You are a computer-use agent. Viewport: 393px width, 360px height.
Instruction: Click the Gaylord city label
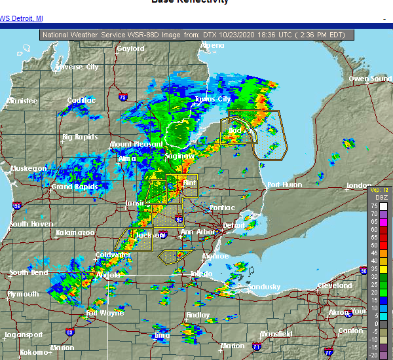pyautogui.click(x=130, y=49)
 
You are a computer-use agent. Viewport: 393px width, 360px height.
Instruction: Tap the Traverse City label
pyautogui.click(x=77, y=67)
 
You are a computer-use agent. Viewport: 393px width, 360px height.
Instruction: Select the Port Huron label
pyautogui.click(x=283, y=185)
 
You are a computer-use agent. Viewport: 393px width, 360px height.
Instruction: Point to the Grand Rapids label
pyautogui.click(x=71, y=187)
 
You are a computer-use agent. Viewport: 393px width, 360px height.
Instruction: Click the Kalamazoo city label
pyautogui.click(x=75, y=232)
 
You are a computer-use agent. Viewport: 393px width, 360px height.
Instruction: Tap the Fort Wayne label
pyautogui.click(x=105, y=313)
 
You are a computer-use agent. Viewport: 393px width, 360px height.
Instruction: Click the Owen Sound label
pyautogui.click(x=370, y=79)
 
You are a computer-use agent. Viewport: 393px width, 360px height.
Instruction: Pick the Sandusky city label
pyautogui.click(x=263, y=287)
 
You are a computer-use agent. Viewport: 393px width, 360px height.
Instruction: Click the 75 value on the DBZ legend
pyautogui.click(x=374, y=205)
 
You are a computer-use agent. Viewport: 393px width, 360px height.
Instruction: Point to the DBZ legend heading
pyautogui.click(x=378, y=197)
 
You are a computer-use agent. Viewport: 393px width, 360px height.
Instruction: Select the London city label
pyautogui.click(x=358, y=186)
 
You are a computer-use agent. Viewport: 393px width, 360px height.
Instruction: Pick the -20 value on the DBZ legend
pyautogui.click(x=373, y=354)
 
